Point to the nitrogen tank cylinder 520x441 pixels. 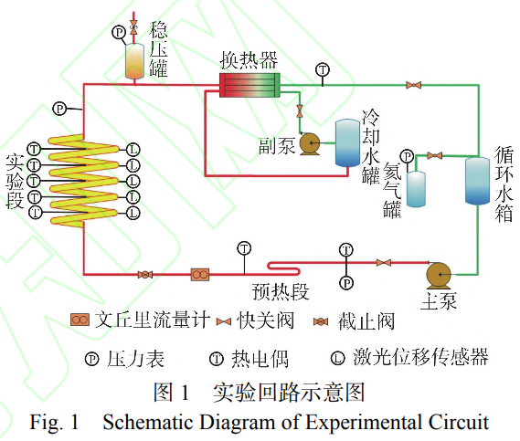click(417, 187)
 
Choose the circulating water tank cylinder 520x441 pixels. click(477, 180)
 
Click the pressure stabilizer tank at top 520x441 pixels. click(134, 59)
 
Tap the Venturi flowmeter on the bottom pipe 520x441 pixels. click(200, 274)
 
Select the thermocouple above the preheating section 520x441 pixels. click(244, 247)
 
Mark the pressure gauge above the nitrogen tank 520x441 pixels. click(407, 156)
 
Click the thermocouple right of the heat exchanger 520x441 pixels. click(322, 69)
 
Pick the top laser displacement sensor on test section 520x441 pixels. click(133, 149)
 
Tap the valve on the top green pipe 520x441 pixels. click(414, 86)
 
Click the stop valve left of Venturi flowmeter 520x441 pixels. click(144, 274)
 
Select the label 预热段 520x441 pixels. click(281, 292)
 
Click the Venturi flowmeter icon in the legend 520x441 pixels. click(80, 320)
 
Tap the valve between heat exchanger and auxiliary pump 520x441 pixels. click(299, 112)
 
